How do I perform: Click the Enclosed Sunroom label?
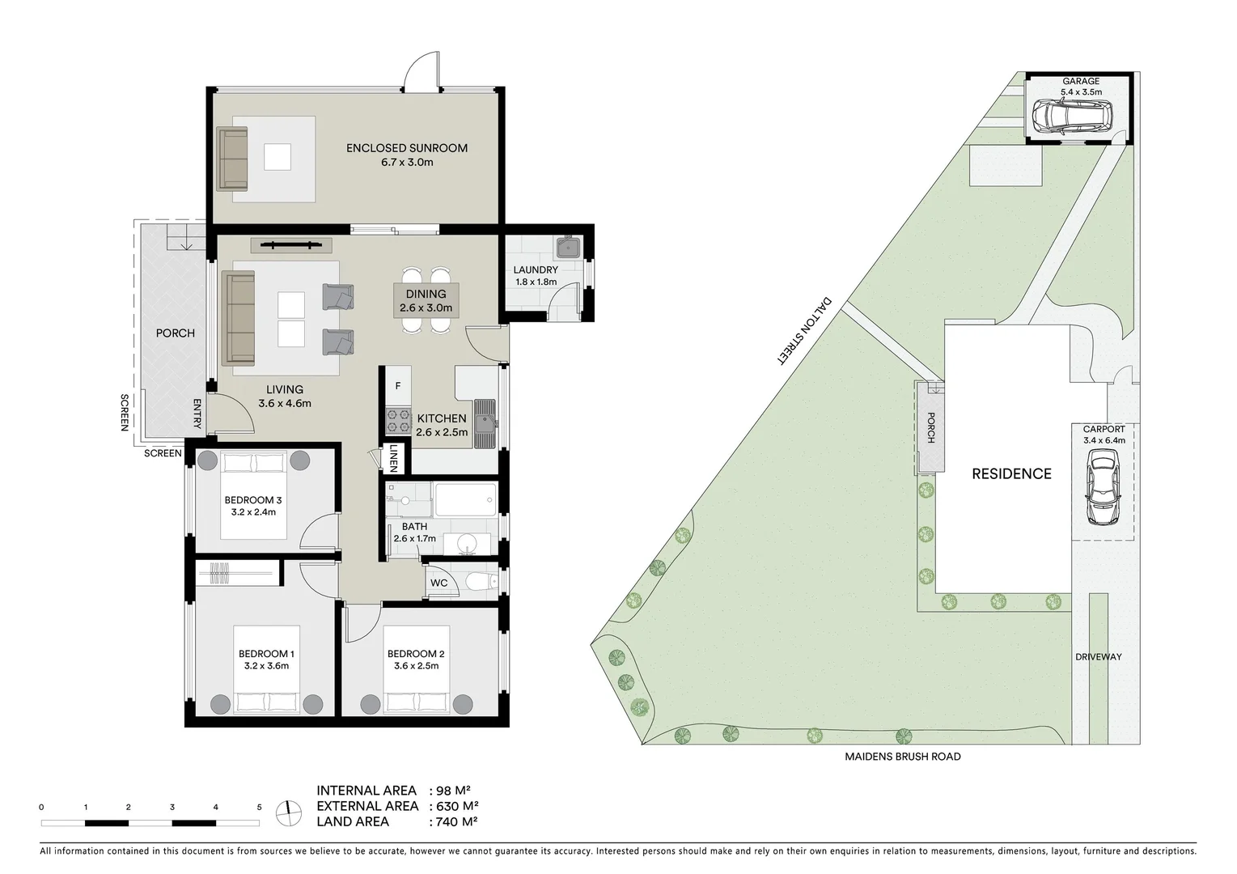point(406,148)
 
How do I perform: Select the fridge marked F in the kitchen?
point(398,386)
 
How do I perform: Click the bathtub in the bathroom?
point(464,499)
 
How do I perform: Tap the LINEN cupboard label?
point(393,457)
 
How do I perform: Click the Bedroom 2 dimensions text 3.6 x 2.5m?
point(416,666)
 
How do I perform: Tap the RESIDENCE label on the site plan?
point(1011,474)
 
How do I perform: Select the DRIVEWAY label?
point(1098,656)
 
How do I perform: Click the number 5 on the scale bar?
point(259,807)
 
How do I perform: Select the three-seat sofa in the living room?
point(239,318)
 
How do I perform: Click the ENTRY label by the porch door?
point(197,414)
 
